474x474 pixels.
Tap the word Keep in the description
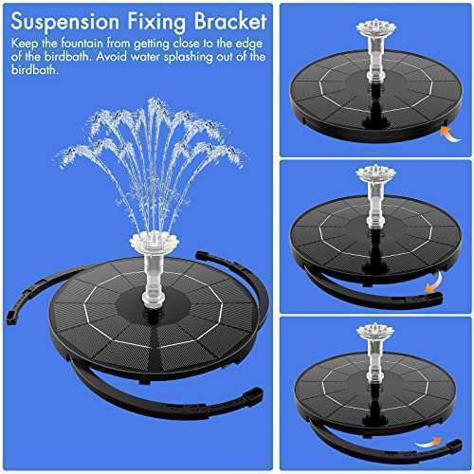pos(27,45)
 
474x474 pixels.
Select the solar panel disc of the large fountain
pos(142,318)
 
